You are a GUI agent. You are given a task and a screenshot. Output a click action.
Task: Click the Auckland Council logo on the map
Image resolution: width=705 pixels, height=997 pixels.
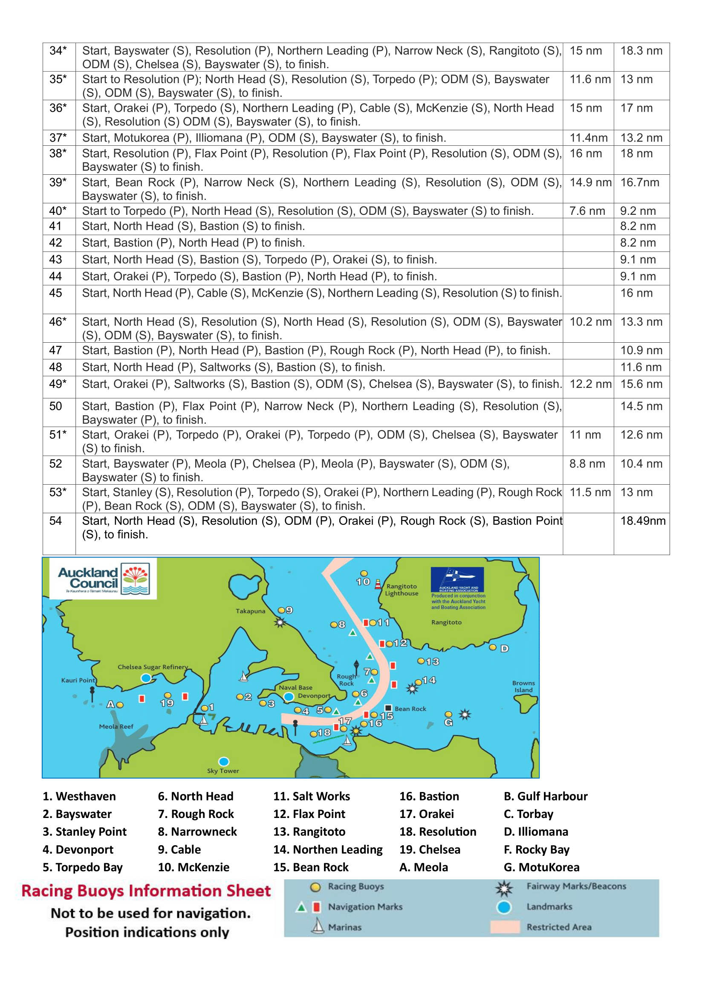103,579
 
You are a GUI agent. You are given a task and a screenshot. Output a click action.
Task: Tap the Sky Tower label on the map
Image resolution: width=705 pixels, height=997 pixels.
222,771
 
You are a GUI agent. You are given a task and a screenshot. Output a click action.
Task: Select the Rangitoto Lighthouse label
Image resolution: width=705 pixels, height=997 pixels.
402,590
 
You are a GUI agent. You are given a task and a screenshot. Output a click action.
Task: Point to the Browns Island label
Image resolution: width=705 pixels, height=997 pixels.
523,687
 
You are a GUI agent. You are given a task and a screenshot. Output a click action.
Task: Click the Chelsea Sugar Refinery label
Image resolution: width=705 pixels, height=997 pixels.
153,667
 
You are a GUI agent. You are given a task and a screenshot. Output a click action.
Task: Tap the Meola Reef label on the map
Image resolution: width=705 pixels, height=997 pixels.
116,726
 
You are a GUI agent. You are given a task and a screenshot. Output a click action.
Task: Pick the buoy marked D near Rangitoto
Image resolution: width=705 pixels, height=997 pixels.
493,647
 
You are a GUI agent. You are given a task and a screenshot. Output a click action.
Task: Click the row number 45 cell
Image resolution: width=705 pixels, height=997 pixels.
56,293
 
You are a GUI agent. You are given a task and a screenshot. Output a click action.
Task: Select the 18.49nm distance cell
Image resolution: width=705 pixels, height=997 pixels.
642,520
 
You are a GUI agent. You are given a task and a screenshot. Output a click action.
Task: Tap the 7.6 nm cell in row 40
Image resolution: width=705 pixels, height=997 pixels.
587,211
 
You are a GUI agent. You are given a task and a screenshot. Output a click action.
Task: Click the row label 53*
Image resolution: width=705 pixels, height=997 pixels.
58,492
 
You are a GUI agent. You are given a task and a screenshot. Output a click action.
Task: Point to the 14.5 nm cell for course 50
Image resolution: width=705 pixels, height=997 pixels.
641,406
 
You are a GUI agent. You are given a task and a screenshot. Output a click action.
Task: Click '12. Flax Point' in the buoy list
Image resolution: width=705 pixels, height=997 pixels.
309,814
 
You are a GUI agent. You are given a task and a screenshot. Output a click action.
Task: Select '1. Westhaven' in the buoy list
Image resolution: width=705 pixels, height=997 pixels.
79,796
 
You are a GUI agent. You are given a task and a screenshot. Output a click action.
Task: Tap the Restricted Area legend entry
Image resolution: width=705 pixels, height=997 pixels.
559,927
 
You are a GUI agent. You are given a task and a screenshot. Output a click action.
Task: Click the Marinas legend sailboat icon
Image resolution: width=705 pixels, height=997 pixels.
318,926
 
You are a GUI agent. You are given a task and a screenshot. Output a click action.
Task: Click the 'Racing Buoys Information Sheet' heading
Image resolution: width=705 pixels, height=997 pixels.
146,891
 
